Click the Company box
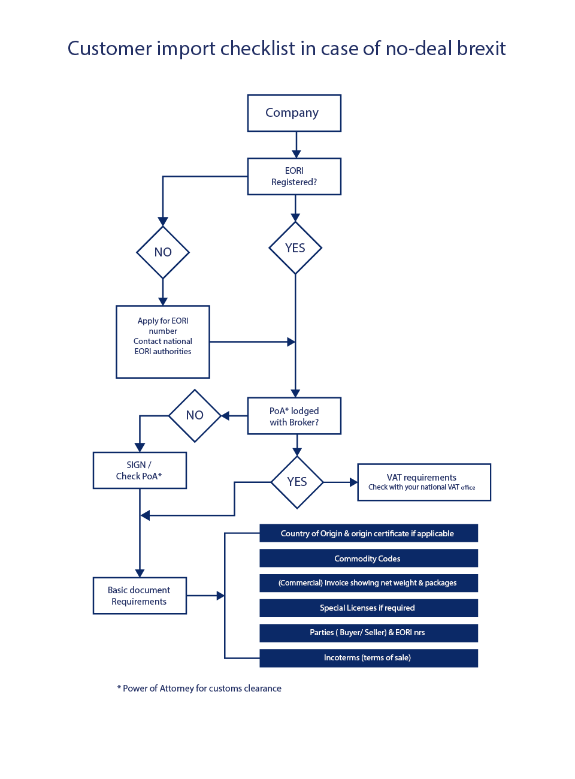coord(294,113)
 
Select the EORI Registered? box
coord(294,177)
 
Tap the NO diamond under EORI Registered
coord(163,252)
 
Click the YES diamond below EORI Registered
coord(295,248)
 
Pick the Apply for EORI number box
coord(163,342)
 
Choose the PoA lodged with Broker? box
coord(294,416)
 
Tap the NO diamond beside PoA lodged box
coord(195,415)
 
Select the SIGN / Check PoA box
coord(140,470)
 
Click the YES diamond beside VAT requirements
coord(297,482)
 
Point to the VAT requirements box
coord(424,482)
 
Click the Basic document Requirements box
coord(140,596)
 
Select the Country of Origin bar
coord(368,533)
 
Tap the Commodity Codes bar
coord(368,558)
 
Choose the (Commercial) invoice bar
coord(368,583)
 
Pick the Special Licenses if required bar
coord(368,608)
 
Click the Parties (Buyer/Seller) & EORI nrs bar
coord(368,633)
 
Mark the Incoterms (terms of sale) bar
coord(368,658)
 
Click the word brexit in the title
coord(482,48)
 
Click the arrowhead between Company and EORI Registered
coord(296,153)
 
